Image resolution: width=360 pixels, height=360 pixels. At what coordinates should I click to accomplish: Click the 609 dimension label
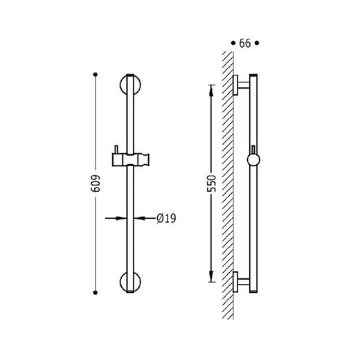[96, 183]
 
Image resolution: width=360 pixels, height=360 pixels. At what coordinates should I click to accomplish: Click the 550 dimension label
[211, 183]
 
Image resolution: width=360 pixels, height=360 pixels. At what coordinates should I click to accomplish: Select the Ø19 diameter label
[166, 218]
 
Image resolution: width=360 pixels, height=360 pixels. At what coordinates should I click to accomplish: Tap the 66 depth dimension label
[245, 44]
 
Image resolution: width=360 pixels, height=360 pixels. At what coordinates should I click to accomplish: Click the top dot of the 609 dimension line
[96, 74]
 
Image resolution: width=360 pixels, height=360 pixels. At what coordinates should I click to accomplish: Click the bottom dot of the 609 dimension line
[96, 293]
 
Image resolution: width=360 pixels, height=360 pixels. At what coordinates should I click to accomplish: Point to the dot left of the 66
[233, 43]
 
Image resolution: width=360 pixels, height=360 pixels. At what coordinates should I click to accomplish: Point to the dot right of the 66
[257, 43]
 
